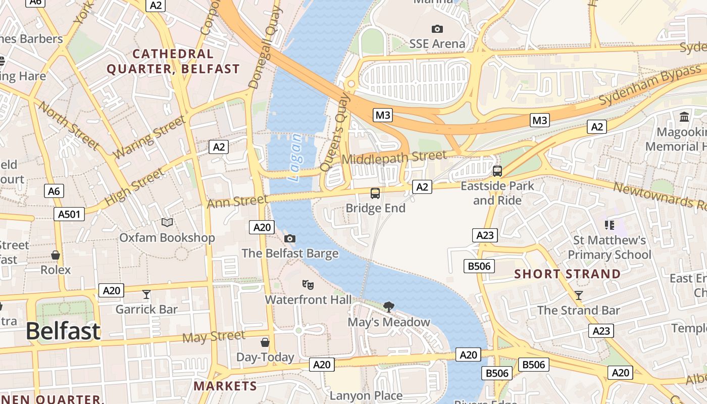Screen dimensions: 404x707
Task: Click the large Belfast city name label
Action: [63, 331]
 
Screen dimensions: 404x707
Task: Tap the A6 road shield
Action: [54, 191]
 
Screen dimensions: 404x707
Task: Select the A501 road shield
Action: [69, 214]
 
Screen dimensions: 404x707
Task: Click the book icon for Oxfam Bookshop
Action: [167, 222]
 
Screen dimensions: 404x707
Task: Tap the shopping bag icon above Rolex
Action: [56, 255]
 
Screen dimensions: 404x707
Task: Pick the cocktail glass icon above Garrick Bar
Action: [146, 294]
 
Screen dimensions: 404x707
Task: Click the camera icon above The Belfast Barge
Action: [289, 238]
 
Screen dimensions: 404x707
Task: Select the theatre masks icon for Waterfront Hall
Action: [308, 285]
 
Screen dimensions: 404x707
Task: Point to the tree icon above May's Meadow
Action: [388, 307]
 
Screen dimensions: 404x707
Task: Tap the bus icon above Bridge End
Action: [375, 193]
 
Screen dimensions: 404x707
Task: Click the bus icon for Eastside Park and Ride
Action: [497, 171]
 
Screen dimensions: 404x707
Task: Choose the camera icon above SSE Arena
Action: [437, 29]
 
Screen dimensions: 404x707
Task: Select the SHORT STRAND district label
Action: [568, 274]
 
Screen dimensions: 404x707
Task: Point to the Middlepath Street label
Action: [394, 157]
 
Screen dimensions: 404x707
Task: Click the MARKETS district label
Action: [225, 386]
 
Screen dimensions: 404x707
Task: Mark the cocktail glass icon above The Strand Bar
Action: [579, 295]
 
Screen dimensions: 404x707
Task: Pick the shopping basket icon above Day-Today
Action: [265, 342]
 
